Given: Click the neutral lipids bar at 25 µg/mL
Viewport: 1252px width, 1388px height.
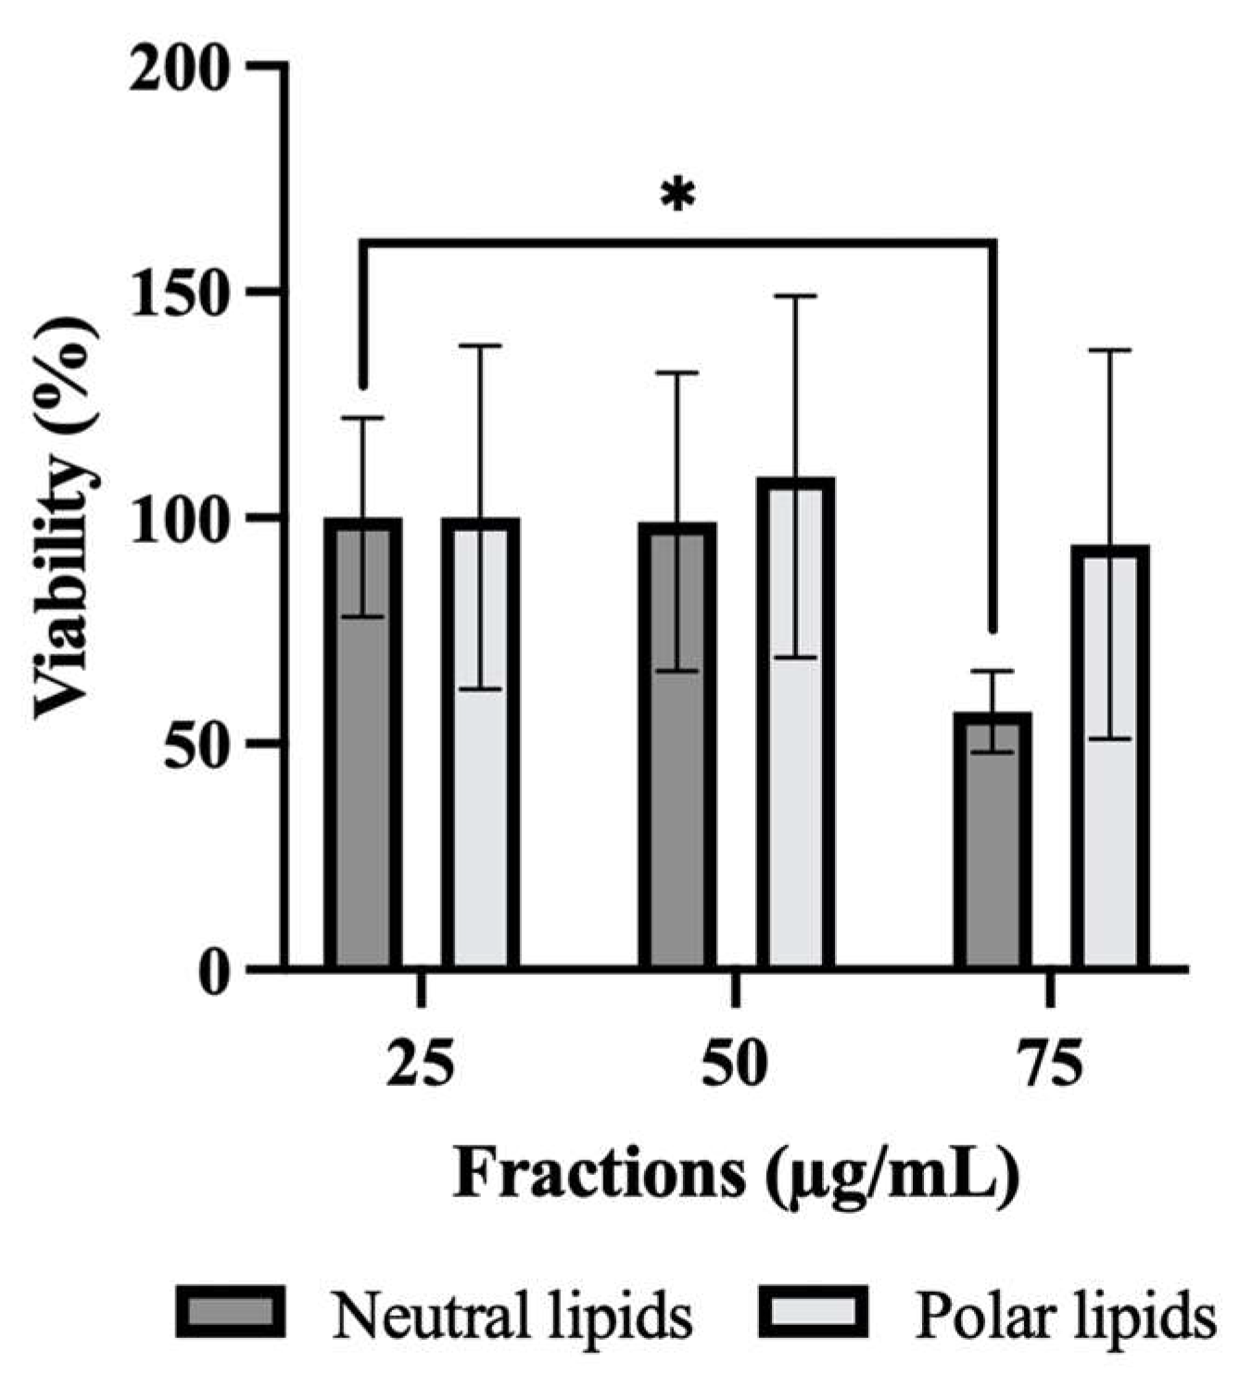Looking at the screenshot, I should (363, 788).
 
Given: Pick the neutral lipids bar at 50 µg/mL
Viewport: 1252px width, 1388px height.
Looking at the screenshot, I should (677, 788).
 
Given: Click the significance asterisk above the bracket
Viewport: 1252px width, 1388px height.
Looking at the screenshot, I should (677, 196).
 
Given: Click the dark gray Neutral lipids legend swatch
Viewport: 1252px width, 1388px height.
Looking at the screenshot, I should (230, 1313).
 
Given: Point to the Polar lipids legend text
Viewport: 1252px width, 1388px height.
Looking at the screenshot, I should (1065, 1315).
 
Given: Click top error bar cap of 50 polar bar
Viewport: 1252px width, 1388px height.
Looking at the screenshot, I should (795, 296).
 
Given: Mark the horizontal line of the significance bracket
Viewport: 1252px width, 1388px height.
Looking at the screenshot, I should (677, 244).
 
